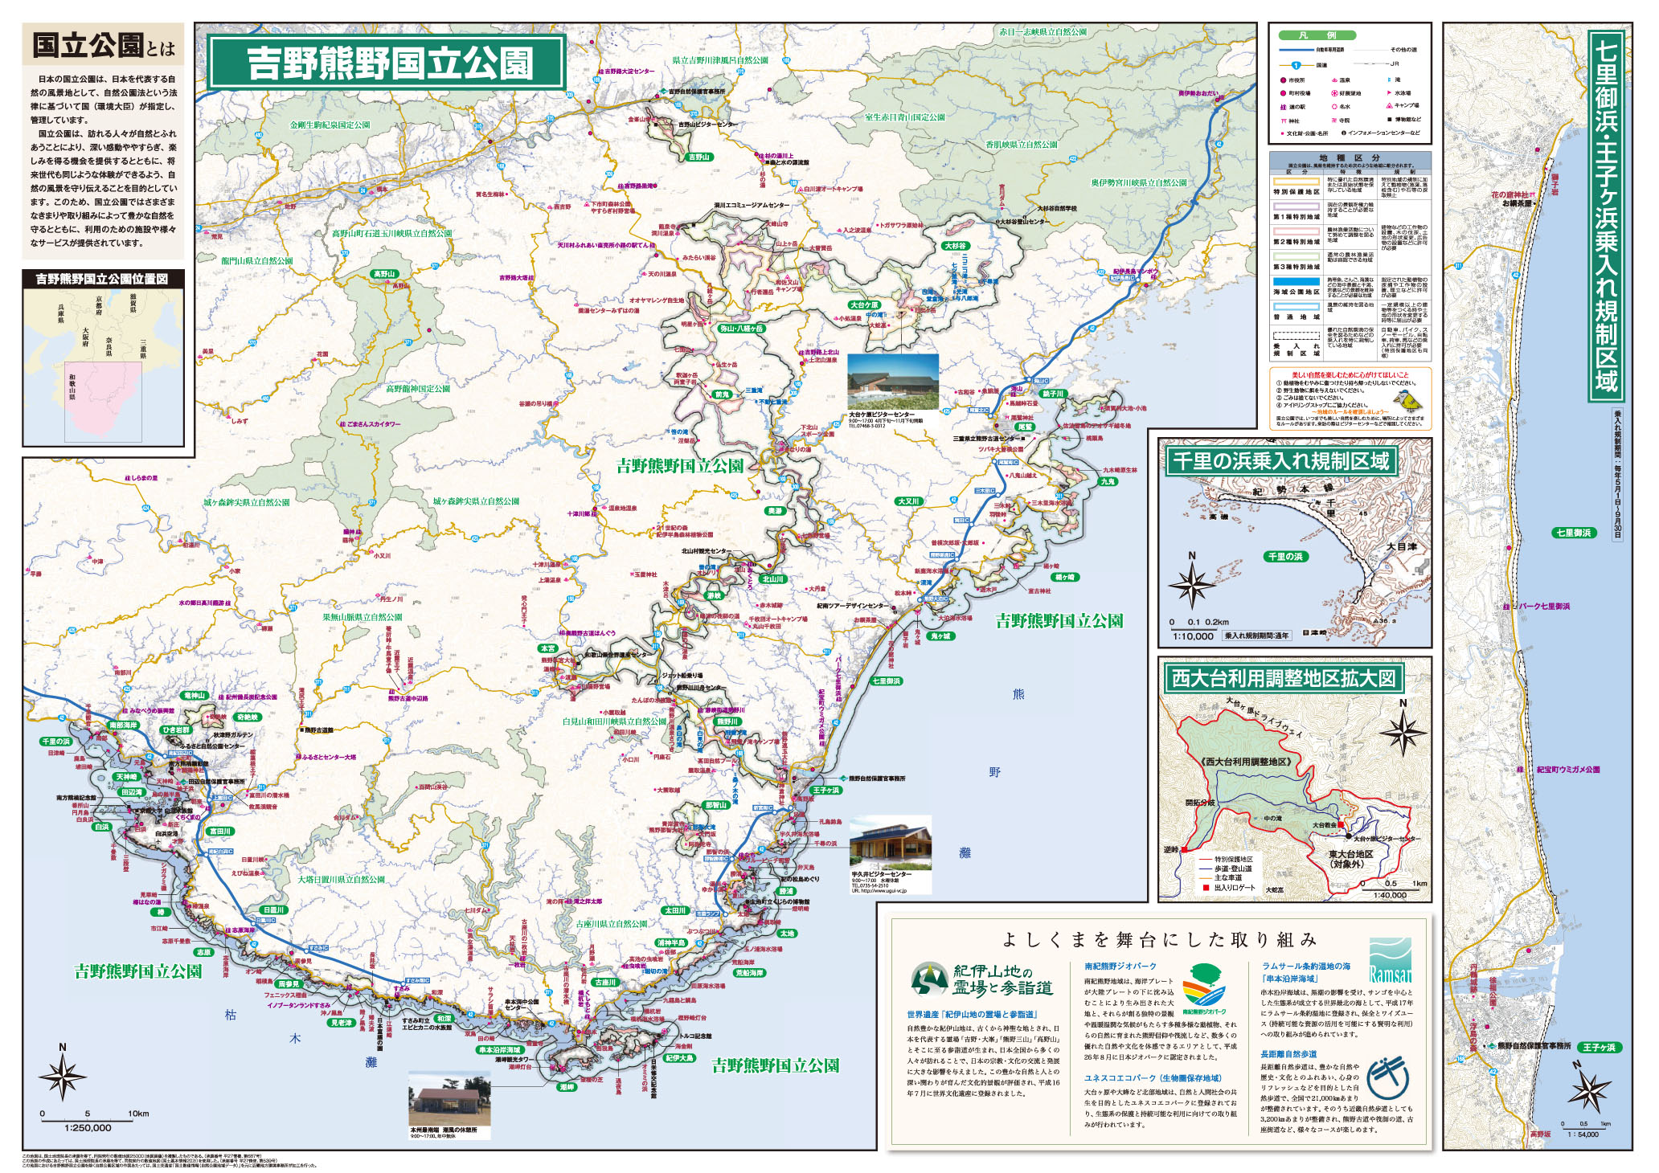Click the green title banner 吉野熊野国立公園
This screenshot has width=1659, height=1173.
click(387, 63)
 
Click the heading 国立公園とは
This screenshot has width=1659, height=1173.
click(103, 45)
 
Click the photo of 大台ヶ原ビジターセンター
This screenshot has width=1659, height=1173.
click(893, 382)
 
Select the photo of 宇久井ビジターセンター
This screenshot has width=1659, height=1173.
click(891, 841)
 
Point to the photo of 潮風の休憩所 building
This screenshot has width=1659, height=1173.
click(449, 1098)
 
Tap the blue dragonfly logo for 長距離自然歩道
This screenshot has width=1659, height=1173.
click(1391, 1077)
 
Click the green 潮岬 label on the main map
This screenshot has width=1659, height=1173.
click(567, 1086)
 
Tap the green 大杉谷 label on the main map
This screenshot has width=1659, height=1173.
click(955, 246)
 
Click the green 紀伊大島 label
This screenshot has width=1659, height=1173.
click(679, 1058)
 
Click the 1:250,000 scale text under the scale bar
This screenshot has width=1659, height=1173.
click(88, 1127)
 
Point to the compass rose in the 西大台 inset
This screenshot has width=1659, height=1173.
click(1403, 732)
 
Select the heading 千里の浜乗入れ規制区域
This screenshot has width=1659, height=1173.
click(1280, 461)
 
